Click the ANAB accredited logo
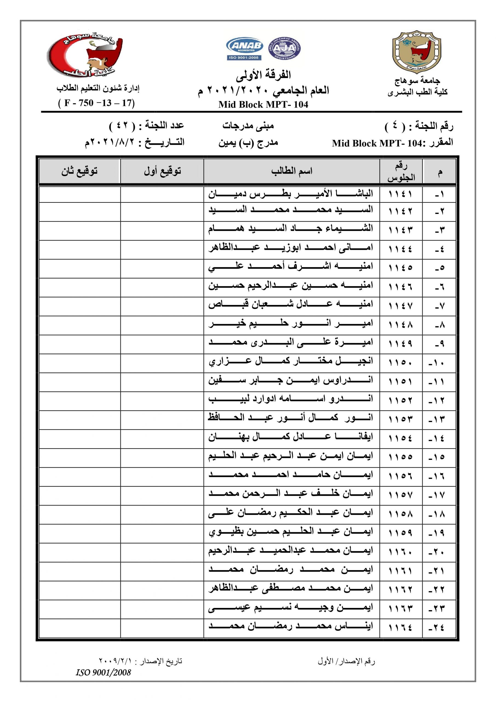click(x=244, y=49)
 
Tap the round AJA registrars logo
click(x=284, y=48)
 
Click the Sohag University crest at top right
click(x=417, y=52)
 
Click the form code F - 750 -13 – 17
click(x=96, y=103)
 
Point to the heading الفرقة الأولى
click(x=263, y=75)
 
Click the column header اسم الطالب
click(x=292, y=171)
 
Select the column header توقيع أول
click(x=162, y=171)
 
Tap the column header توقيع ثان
click(x=79, y=171)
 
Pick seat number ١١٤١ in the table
click(x=400, y=194)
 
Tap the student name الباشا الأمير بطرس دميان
click(x=291, y=194)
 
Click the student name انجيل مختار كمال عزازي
click(x=291, y=362)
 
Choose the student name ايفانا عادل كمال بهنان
click(x=291, y=437)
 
